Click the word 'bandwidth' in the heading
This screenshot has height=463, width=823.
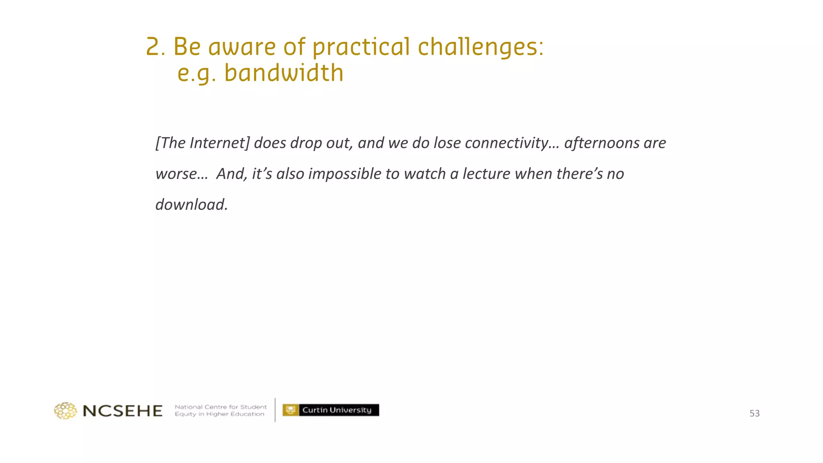point(284,73)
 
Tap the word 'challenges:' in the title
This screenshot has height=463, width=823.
point(481,47)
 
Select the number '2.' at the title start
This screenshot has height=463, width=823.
point(156,47)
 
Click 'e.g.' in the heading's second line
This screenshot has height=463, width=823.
point(197,74)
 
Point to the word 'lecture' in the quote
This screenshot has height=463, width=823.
point(486,174)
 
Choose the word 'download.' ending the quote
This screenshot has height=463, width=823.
point(192,205)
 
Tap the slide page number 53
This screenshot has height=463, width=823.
point(754,414)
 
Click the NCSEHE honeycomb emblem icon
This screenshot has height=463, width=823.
point(66,411)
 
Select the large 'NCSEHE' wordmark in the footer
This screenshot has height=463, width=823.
point(123,411)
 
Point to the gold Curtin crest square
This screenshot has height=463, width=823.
point(291,410)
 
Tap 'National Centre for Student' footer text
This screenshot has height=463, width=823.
point(221,407)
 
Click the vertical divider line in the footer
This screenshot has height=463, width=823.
point(275,410)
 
